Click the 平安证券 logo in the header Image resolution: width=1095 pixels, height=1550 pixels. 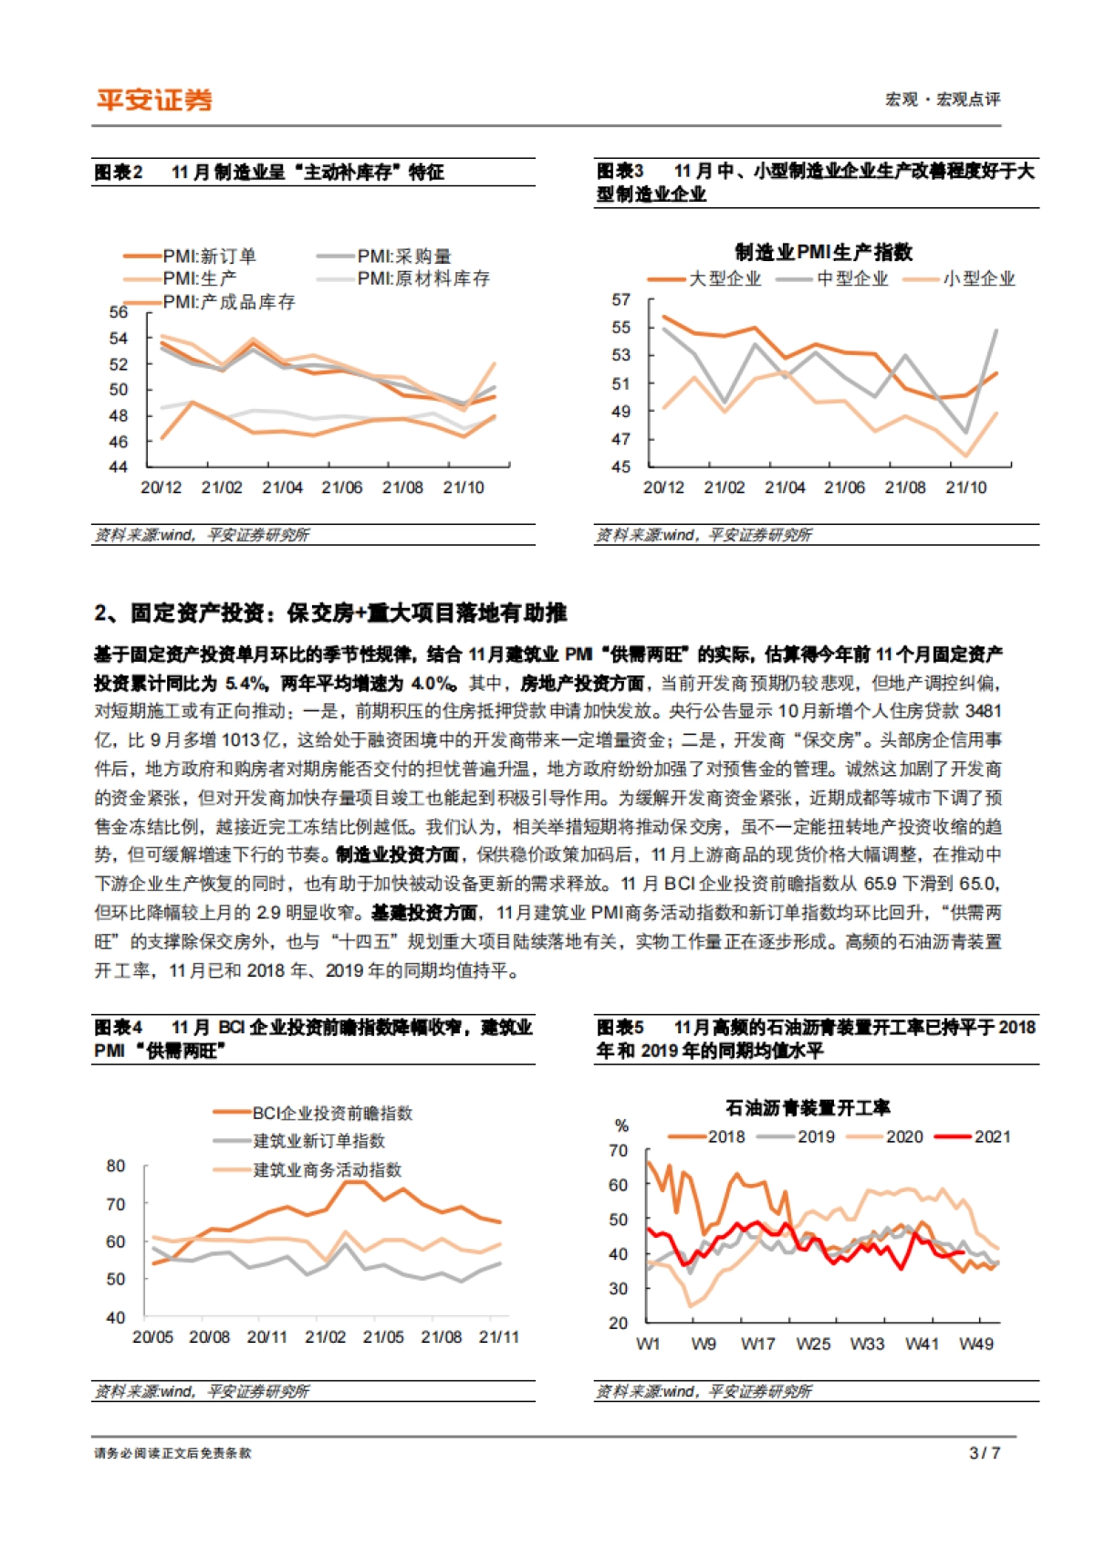154,99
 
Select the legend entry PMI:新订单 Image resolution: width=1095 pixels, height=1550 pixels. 209,257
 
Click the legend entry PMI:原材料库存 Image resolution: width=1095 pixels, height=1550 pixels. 423,278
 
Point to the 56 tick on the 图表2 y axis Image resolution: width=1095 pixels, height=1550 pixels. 119,312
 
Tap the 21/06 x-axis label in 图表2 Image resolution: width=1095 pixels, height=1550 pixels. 342,487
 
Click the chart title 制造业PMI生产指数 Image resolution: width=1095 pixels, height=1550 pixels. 823,252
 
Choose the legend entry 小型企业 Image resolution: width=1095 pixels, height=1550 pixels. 978,279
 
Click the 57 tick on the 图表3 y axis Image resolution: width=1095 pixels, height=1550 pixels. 620,300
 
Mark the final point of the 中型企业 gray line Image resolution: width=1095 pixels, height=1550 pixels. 996,330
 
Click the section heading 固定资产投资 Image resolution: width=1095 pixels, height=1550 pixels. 329,613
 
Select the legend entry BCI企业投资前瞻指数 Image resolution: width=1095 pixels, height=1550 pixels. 332,1113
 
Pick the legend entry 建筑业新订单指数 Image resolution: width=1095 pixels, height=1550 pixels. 318,1141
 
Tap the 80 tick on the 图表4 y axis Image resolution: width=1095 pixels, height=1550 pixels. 116,1166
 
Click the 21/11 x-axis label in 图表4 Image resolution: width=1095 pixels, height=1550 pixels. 498,1337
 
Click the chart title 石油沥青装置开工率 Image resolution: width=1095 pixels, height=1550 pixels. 808,1107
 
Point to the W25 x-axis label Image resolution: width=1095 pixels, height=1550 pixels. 813,1344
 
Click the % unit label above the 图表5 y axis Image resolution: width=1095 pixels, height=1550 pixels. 621,1126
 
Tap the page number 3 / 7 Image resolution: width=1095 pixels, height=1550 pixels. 985,1452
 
